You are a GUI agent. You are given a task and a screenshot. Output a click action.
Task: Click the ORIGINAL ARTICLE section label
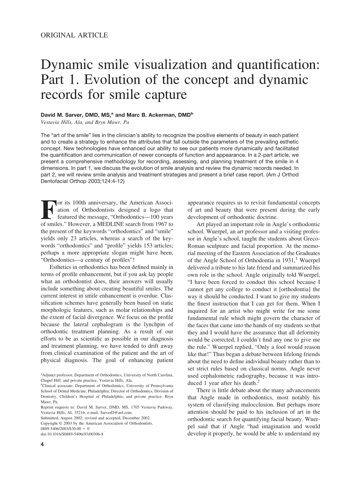click(74, 35)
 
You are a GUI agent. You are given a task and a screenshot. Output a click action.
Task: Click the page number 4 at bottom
click(42, 445)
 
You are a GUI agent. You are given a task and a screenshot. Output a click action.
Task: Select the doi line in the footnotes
click(72, 434)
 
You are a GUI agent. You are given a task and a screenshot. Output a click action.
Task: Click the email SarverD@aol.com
click(117, 412)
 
